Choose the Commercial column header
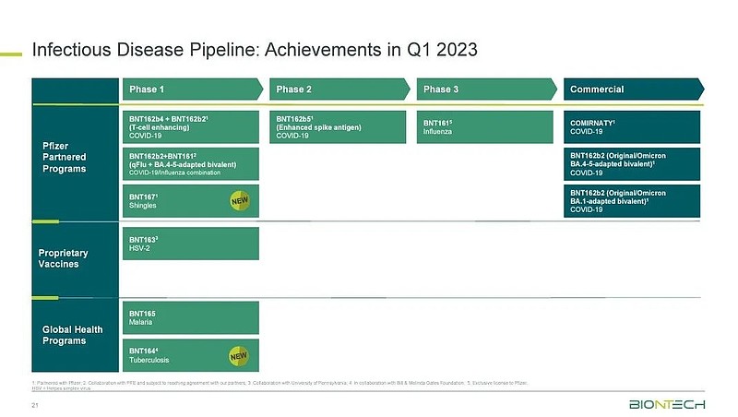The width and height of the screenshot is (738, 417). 633,89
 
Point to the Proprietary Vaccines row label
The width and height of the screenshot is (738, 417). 61,257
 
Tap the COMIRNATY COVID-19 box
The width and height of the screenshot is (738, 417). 633,125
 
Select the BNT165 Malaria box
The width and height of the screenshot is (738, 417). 192,317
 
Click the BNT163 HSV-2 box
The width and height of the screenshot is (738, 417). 192,242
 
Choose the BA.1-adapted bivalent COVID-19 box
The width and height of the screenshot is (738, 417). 633,200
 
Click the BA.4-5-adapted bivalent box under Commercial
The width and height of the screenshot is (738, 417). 633,163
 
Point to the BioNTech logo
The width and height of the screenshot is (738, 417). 668,404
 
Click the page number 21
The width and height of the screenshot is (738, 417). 36,405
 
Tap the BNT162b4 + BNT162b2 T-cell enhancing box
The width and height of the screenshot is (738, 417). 192,126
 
